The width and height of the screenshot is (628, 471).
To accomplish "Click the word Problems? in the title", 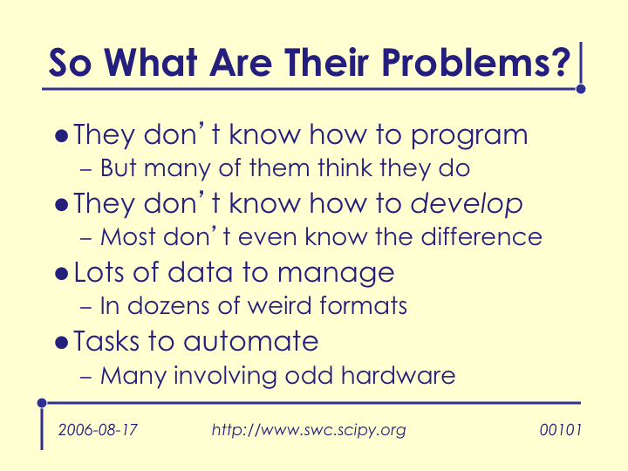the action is pos(475,62).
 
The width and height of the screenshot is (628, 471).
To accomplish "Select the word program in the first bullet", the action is pos(469,136).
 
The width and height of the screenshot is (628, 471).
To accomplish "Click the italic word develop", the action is pos(467,205).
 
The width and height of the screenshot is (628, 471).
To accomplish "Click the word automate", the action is pos(251,341).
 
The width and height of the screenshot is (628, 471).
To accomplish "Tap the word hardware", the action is pos(398,375).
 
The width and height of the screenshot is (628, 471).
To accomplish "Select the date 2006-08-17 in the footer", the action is pos(98,430).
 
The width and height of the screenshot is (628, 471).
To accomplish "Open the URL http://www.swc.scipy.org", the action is pos(309,431).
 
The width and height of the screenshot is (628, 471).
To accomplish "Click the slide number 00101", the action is pos(560,430).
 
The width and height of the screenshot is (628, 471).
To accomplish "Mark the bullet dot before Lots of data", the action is pos(62,275).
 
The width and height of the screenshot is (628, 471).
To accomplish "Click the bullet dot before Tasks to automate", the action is pos(62,343).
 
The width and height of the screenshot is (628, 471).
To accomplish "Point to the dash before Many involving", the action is pos(86,377).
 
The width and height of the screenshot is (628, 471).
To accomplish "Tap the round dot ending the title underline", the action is pos(581,89).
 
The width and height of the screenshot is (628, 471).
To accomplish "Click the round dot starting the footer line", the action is pos(42,402).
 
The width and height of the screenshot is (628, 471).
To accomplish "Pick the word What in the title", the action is pos(152,62).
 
